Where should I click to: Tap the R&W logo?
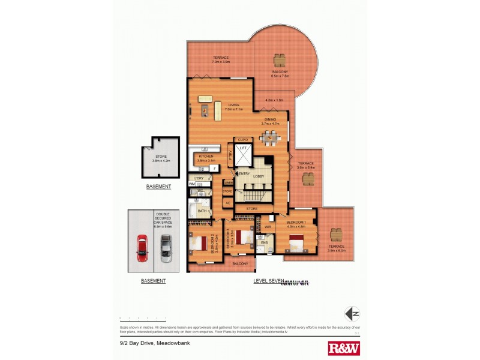click(x=344, y=347)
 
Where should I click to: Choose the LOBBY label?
click(x=259, y=176)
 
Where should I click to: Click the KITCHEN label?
click(x=206, y=156)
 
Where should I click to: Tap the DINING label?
click(x=271, y=119)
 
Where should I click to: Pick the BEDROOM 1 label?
click(x=296, y=223)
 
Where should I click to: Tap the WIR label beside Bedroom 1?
click(x=268, y=227)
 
